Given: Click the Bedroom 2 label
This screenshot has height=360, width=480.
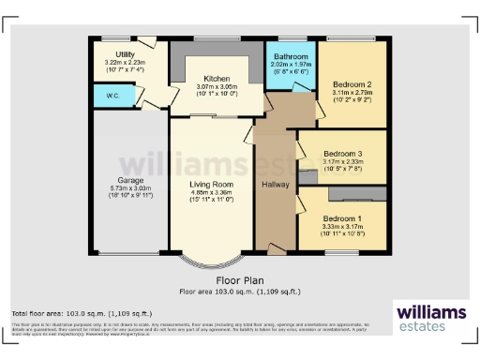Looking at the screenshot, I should (x=352, y=85).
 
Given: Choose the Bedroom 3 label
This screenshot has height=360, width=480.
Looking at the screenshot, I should (x=341, y=153).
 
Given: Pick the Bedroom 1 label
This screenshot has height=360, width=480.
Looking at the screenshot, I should (x=339, y=217).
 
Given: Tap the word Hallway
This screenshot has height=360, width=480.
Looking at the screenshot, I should (x=276, y=184).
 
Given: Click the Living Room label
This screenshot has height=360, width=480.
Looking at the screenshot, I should (x=211, y=184).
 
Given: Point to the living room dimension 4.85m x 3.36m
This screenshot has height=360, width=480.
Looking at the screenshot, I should (x=211, y=193).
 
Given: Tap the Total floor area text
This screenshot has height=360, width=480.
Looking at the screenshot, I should (x=81, y=312).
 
